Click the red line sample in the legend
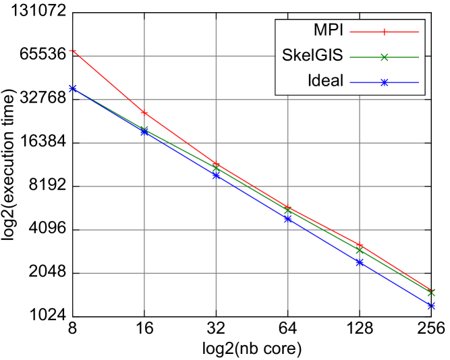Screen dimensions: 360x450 384,32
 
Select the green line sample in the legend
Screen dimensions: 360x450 384,57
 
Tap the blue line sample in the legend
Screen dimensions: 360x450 384,83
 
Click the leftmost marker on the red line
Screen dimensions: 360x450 73,51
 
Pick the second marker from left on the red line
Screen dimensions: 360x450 144,113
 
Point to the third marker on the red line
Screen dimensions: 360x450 216,164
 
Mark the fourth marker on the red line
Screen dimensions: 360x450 287,207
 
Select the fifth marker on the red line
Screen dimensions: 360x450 360,245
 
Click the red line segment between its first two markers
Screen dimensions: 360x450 109,82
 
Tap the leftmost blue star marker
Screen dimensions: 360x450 73,88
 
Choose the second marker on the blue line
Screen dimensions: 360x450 144,132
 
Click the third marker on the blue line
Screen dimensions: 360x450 216,175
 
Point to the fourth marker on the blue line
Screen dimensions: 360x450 287,218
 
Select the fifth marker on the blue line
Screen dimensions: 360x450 360,262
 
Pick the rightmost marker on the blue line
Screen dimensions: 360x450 431,305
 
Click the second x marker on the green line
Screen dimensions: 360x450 144,129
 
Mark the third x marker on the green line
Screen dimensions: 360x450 216,168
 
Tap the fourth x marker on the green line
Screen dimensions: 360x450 287,210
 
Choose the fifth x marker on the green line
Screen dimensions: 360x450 360,251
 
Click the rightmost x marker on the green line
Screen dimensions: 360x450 431,293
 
